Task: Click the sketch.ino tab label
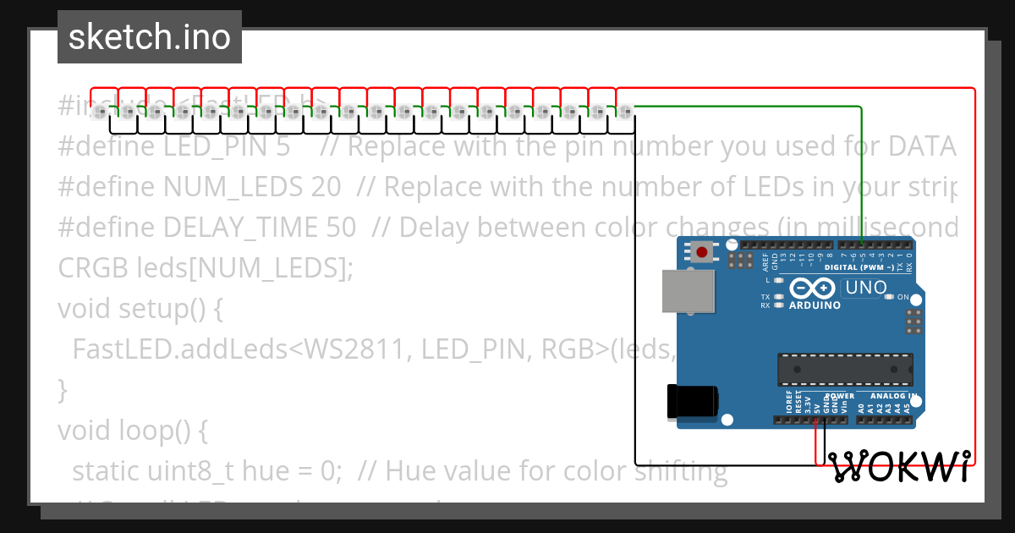[x=149, y=37]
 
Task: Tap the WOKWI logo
[x=898, y=467]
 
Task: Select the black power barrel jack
[x=693, y=401]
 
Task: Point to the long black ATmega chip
[x=844, y=370]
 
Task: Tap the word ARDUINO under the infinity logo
[x=815, y=305]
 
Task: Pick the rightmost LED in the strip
[x=624, y=112]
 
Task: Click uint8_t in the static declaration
[x=196, y=471]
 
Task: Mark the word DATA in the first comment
[x=922, y=146]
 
